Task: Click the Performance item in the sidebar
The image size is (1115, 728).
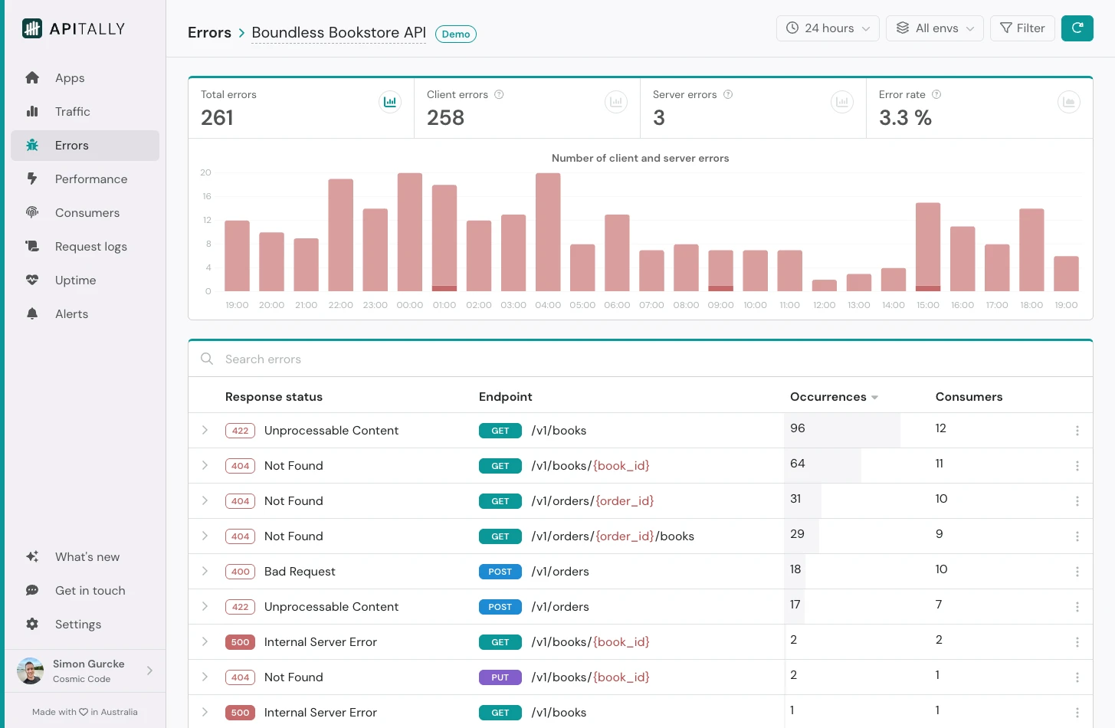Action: click(x=90, y=179)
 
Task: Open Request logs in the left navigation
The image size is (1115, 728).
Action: click(x=90, y=247)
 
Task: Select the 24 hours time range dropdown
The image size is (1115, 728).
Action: click(x=828, y=28)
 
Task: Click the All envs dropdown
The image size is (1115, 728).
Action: click(x=934, y=28)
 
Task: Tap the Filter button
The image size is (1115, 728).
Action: click(x=1022, y=28)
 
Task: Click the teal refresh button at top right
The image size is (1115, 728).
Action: click(x=1077, y=28)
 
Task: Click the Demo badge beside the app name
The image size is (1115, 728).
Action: click(x=455, y=34)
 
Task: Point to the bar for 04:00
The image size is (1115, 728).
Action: click(x=548, y=232)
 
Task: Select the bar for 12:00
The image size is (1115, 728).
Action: click(x=824, y=285)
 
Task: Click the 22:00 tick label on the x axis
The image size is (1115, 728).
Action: click(x=340, y=305)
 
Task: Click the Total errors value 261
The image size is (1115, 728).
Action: click(x=217, y=118)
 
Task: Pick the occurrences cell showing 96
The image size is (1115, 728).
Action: click(x=798, y=428)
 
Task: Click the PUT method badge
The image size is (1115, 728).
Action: click(x=500, y=677)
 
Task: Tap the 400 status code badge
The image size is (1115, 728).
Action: click(x=240, y=572)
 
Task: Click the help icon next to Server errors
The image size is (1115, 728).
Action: click(x=728, y=95)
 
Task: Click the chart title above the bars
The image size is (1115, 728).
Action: click(x=640, y=159)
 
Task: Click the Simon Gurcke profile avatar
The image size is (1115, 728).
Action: click(x=31, y=671)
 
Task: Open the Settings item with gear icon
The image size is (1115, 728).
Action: click(x=77, y=625)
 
